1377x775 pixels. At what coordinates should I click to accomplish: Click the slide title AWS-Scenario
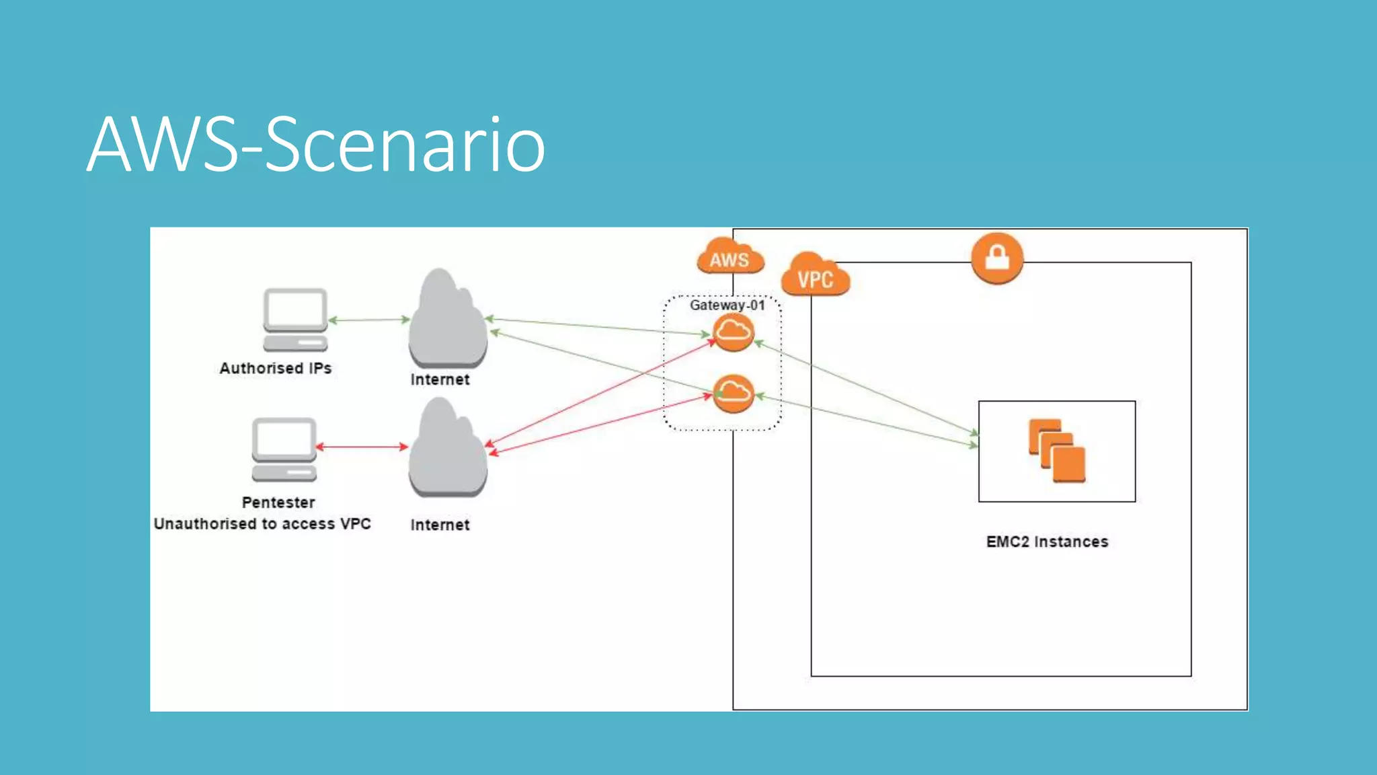[316, 145]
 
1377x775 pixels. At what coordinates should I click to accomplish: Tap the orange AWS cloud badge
[730, 258]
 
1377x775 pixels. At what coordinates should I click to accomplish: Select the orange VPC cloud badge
[815, 276]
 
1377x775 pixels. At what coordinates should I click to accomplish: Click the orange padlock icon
[997, 258]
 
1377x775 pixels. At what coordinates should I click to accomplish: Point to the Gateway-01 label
[727, 305]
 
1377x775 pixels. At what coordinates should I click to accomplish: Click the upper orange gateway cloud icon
[733, 332]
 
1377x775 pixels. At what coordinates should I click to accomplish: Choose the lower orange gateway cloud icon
[733, 393]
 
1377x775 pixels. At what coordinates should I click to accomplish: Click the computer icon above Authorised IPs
[295, 320]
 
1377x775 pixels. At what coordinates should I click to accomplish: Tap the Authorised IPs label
[276, 369]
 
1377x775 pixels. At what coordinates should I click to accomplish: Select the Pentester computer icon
[284, 449]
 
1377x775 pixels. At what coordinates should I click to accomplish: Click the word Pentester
[278, 503]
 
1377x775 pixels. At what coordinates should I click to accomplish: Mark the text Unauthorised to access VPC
[262, 524]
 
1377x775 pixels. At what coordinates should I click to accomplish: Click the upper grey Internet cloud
[447, 320]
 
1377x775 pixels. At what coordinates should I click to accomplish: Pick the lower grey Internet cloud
[447, 449]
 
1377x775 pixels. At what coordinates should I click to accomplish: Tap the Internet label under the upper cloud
[440, 380]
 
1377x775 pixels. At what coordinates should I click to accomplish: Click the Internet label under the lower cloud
[440, 525]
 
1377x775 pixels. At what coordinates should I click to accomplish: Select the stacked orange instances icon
[1056, 451]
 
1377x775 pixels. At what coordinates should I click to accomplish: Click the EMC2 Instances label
[1047, 542]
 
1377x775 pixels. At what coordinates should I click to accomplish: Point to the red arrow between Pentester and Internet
[362, 446]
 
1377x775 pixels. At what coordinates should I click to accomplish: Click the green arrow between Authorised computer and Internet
[369, 320]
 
